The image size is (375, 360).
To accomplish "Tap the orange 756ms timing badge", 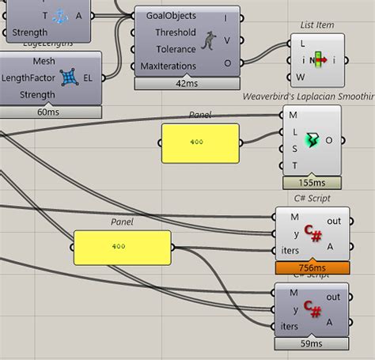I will point(312,268).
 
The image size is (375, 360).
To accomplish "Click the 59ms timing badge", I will point(312,343).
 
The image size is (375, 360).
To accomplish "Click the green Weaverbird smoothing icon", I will point(313,140).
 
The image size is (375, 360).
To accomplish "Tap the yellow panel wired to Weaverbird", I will point(199,142).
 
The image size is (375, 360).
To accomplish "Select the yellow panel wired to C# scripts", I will point(122,246).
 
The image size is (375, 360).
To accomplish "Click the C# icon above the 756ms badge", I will point(312,235).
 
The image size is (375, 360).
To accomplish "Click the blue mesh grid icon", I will point(70,77).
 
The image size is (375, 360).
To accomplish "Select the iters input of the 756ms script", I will point(287,251).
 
